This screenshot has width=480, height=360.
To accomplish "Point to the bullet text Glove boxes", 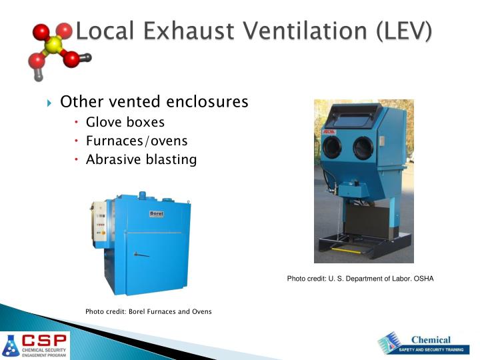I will (x=125, y=122).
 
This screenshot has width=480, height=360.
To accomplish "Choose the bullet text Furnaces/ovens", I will (x=137, y=141).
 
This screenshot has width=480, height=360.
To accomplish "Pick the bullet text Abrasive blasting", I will (x=141, y=159).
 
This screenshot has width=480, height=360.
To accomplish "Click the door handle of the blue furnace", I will (x=141, y=253).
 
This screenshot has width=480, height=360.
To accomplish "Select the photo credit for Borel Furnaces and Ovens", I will (x=148, y=311).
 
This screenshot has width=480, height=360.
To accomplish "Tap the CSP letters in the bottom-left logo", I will (x=44, y=339).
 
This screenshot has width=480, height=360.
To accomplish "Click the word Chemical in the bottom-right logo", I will (x=430, y=340).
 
